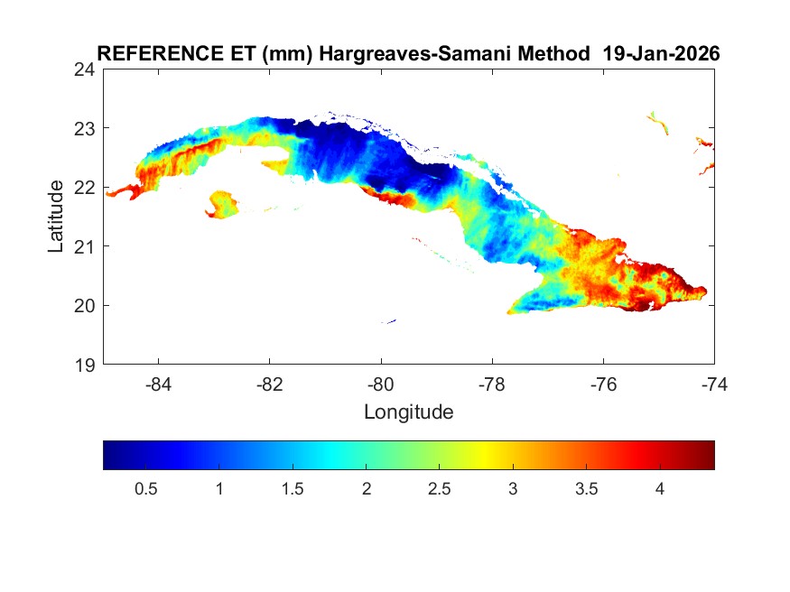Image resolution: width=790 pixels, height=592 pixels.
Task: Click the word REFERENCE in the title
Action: [x=144, y=53]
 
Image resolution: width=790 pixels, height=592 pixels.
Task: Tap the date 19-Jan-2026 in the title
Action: [x=661, y=53]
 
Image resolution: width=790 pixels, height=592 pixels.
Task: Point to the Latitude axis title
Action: [x=56, y=216]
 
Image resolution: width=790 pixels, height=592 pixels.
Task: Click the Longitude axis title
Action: [x=408, y=412]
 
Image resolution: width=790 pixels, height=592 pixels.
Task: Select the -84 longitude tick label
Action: [x=159, y=383]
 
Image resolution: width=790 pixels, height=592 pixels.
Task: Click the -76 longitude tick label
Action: [x=602, y=383]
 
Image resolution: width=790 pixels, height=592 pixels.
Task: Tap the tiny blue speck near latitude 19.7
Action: [x=389, y=321]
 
